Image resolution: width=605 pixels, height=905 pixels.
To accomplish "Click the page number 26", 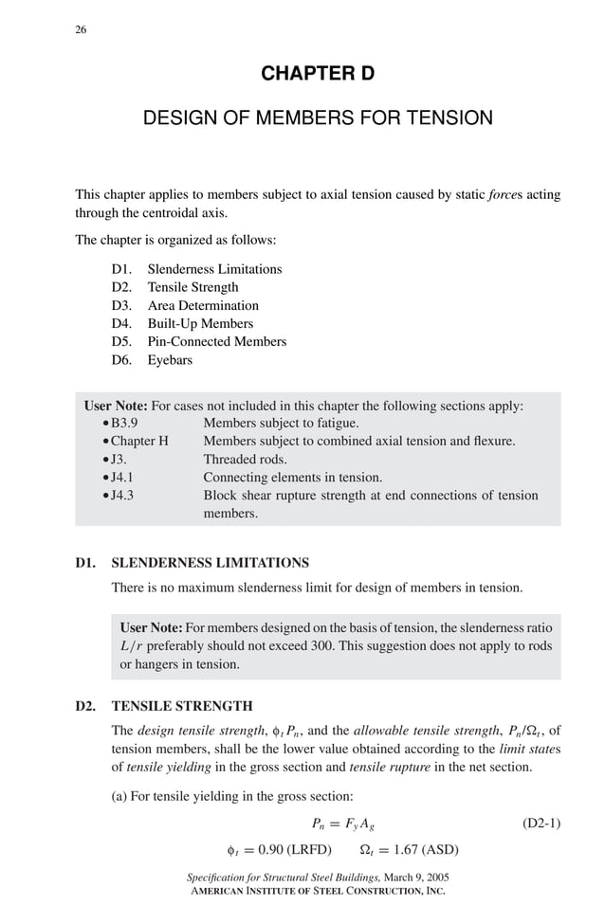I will coord(81,29).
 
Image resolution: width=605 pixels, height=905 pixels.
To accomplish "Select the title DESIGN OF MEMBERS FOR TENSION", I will coord(318,118).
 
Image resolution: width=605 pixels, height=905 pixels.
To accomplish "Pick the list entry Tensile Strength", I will coord(192,287).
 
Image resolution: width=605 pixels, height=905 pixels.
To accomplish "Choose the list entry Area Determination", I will coord(203,305).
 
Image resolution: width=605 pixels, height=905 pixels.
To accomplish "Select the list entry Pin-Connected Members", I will coord(216,341).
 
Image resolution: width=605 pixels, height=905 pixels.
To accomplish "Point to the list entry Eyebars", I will coord(171,360).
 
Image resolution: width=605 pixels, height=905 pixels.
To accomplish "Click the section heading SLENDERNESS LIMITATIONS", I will coord(210,562).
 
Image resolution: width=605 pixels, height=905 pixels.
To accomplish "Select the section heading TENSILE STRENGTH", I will coord(182,706).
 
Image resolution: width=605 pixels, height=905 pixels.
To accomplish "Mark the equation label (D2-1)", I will coord(541,823).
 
